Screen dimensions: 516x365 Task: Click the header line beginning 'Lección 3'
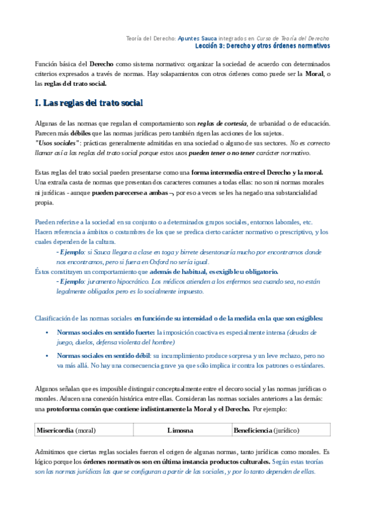pos(266,46)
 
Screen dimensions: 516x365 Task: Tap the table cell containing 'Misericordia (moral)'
pos(66,430)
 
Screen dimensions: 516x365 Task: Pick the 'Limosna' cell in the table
pos(180,430)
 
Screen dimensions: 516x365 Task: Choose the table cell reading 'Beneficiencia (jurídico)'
pos(266,430)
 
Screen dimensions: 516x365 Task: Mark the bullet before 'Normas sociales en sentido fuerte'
pos(47,333)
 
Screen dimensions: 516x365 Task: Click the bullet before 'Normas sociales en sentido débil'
pos(47,355)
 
